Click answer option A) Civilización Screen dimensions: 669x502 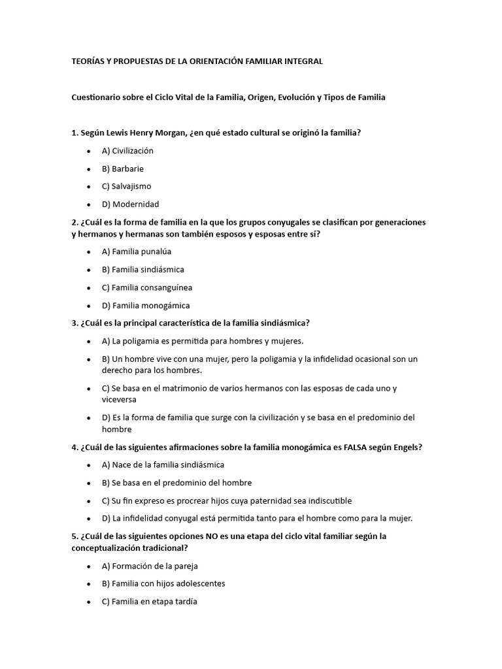coord(127,150)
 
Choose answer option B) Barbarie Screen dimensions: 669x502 coord(122,169)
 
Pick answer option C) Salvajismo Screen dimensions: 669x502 coord(126,186)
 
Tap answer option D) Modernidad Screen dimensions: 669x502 coord(130,204)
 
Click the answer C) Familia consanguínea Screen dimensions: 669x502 coord(146,287)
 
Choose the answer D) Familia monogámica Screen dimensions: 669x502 coord(146,305)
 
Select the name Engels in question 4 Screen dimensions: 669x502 coord(406,448)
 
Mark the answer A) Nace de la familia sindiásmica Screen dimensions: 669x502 coord(163,465)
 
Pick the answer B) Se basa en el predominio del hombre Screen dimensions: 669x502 coord(176,483)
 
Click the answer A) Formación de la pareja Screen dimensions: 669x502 coord(150,566)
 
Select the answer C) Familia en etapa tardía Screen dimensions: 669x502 coord(149,602)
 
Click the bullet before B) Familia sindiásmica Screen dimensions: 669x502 coord(88,270)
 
